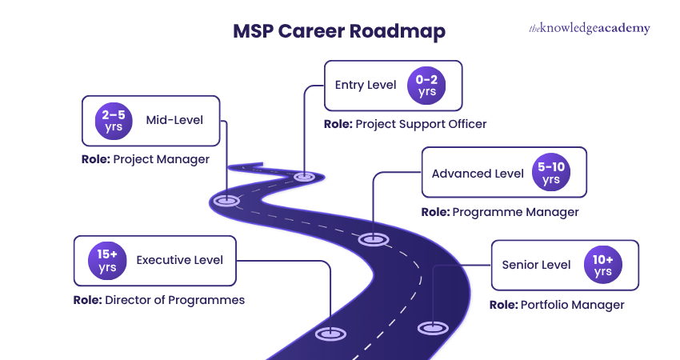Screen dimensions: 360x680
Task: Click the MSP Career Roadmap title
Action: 339,31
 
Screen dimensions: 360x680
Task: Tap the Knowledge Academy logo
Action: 589,29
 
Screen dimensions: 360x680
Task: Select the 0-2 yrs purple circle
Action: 427,85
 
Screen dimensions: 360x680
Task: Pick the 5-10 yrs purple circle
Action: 551,173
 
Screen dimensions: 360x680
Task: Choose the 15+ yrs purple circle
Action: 108,260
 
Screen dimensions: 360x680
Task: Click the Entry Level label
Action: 366,85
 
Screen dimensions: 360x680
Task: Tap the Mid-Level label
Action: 174,121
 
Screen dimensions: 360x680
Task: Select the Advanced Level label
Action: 478,174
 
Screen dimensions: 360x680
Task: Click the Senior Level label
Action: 536,265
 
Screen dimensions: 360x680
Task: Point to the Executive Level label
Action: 180,260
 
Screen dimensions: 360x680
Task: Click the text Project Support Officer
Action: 420,124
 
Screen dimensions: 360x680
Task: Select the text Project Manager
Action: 162,159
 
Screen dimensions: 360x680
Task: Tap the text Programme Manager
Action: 515,212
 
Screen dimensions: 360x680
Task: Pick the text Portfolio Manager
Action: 572,305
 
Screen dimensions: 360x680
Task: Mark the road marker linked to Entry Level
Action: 304,176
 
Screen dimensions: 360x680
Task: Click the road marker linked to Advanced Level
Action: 373,238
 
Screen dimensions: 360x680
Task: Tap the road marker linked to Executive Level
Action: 330,334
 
